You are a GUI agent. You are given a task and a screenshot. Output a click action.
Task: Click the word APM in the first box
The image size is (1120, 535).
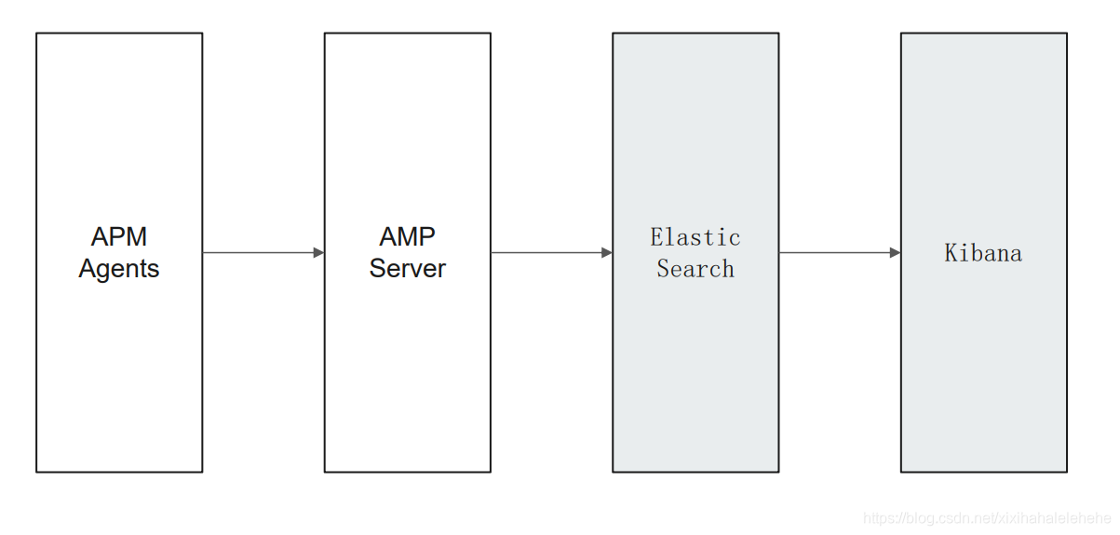[119, 236]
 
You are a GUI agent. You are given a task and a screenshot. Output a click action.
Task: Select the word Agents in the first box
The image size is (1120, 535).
[119, 269]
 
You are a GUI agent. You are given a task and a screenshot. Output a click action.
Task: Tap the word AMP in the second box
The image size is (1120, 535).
[407, 236]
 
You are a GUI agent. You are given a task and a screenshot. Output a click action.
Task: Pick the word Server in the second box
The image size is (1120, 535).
[407, 269]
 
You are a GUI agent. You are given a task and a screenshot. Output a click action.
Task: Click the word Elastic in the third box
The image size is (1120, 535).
[695, 237]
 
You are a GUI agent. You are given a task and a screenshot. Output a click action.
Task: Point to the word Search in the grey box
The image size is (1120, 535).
[695, 269]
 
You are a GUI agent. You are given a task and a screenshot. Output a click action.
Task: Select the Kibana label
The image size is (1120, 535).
[983, 253]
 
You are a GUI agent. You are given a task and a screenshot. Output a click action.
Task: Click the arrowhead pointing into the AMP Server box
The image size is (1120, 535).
[318, 252]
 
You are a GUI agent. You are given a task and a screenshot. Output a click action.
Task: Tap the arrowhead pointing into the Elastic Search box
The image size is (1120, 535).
[607, 252]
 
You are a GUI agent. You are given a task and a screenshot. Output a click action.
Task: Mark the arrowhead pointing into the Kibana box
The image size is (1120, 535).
[895, 252]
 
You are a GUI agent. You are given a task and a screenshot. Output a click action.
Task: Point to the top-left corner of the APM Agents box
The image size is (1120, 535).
[36, 33]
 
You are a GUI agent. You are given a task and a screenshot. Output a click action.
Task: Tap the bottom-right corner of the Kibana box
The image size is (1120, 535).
[1067, 472]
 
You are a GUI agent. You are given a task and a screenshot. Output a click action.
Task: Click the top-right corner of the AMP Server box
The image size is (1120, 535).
[491, 33]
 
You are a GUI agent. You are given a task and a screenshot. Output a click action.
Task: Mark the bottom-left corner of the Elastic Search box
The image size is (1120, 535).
[613, 472]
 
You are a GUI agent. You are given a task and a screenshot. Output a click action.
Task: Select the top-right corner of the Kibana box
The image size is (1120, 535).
[1067, 33]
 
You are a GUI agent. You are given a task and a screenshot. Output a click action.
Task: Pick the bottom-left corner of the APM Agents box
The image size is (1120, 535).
[36, 472]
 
